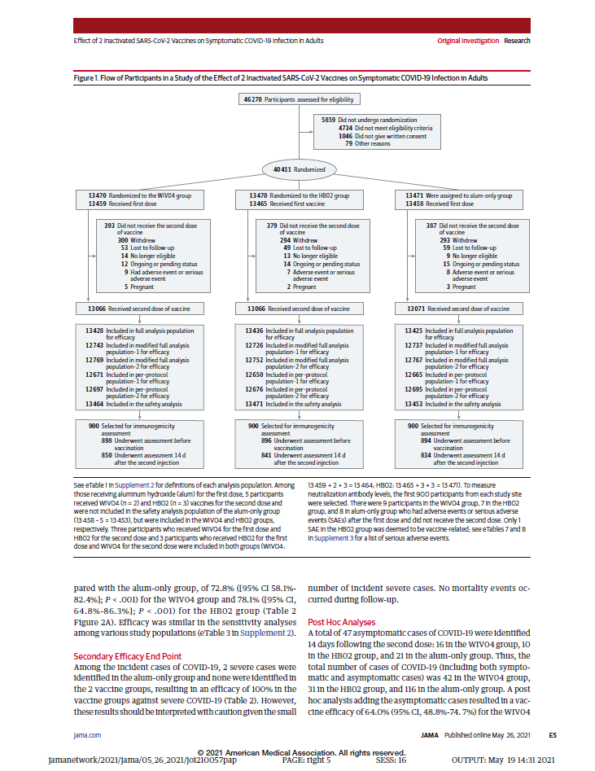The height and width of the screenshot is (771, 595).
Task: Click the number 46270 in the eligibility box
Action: pyautogui.click(x=252, y=99)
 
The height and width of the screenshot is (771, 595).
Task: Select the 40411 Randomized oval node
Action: pyautogui.click(x=296, y=169)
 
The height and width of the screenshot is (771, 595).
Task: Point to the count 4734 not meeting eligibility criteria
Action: pyautogui.click(x=345, y=128)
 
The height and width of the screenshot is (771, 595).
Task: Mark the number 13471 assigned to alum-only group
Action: pyautogui.click(x=418, y=195)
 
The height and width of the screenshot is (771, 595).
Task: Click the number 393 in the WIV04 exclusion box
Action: pyautogui.click(x=110, y=226)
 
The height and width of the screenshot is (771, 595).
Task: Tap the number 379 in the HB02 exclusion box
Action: pyautogui.click(x=272, y=226)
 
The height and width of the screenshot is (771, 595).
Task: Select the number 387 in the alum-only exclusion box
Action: pyautogui.click(x=432, y=226)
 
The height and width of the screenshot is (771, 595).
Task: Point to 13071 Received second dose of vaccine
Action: pyautogui.click(x=417, y=309)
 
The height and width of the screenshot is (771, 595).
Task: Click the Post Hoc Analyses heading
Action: pyautogui.click(x=343, y=622)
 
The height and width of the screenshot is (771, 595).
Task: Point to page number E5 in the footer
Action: pyautogui.click(x=552, y=734)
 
